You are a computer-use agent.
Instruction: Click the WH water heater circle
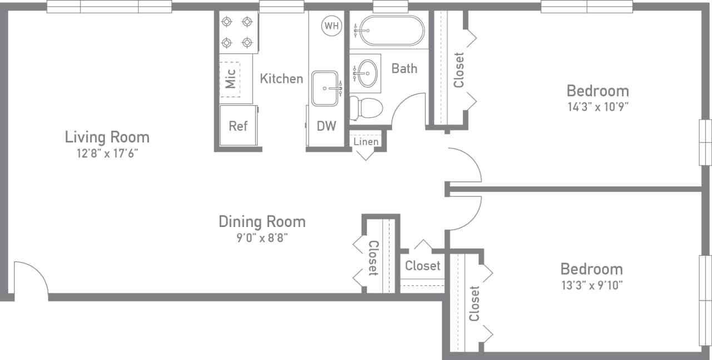(332, 26)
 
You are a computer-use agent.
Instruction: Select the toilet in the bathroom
(367, 107)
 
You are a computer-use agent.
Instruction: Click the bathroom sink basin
(367, 73)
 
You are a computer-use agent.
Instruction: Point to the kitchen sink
(324, 88)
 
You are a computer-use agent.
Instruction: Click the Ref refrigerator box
(238, 126)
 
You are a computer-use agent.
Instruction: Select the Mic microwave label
(230, 78)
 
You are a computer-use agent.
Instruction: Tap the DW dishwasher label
(327, 126)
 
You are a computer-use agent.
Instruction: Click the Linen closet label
(366, 142)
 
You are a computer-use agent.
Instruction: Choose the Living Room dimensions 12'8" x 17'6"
(107, 154)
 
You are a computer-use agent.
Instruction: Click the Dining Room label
(262, 221)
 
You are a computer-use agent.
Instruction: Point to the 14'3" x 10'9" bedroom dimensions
(598, 107)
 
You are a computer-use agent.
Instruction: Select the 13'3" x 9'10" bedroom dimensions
(591, 286)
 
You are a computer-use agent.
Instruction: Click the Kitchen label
(281, 78)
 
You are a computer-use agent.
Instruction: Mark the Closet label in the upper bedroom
(459, 70)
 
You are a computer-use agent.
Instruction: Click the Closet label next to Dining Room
(373, 258)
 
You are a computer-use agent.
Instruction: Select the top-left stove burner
(227, 22)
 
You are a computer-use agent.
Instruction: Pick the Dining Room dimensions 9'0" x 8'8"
(262, 238)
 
